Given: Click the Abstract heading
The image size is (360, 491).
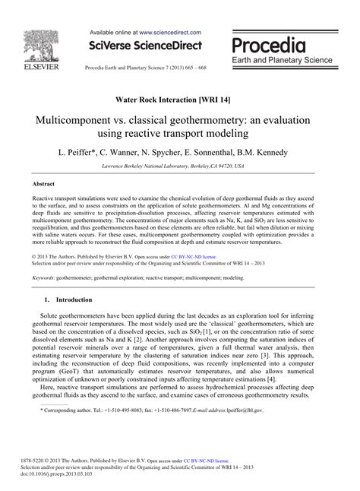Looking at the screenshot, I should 43,185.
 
